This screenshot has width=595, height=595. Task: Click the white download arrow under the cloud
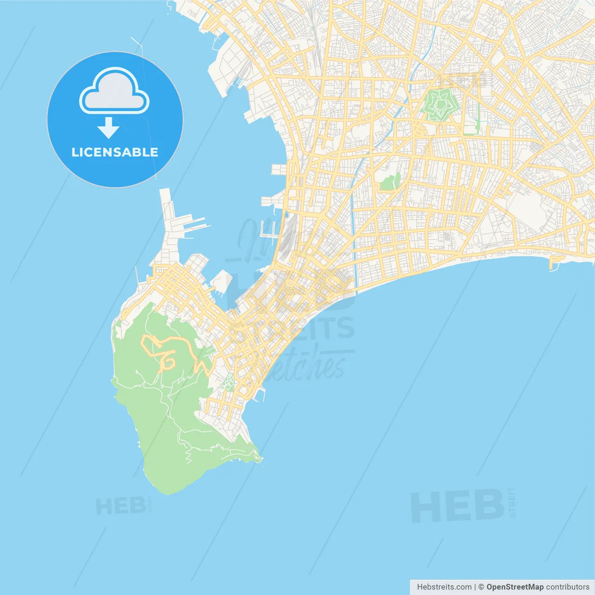(x=108, y=128)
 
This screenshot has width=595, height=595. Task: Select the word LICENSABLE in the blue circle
(x=115, y=152)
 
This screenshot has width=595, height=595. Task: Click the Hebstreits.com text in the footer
(x=444, y=587)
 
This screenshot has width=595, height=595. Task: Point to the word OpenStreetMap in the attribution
(x=515, y=587)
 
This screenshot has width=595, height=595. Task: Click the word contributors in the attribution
(x=568, y=587)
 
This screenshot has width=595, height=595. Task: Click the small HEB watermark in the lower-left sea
(x=120, y=506)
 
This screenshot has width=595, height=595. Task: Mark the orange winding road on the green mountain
(x=163, y=351)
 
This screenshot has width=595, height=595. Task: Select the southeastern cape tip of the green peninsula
(x=258, y=458)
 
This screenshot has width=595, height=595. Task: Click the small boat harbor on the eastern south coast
(x=556, y=263)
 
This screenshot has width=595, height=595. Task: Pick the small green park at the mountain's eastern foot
(x=228, y=383)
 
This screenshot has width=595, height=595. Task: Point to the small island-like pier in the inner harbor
(x=222, y=281)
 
